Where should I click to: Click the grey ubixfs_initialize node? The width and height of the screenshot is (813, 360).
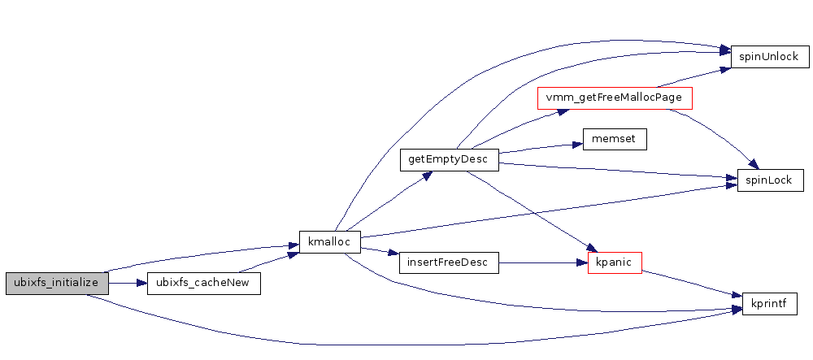pyautogui.click(x=56, y=283)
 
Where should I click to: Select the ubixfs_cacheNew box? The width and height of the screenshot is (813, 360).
pyautogui.click(x=203, y=283)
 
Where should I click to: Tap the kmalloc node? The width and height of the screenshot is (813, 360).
pyautogui.click(x=330, y=242)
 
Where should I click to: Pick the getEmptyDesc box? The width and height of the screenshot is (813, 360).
pyautogui.click(x=448, y=160)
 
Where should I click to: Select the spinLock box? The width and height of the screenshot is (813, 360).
pyautogui.click(x=770, y=180)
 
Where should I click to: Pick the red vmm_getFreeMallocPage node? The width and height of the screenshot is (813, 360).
pyautogui.click(x=615, y=98)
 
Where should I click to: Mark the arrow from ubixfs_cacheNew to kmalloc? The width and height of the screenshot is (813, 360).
pyautogui.click(x=268, y=262)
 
